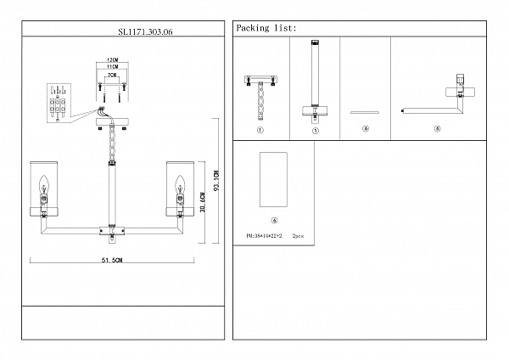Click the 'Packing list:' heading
coord(266,28)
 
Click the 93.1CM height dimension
coord(218,180)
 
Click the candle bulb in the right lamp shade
coord(180,183)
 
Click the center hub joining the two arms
coord(111,228)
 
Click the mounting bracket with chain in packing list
coord(260,93)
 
